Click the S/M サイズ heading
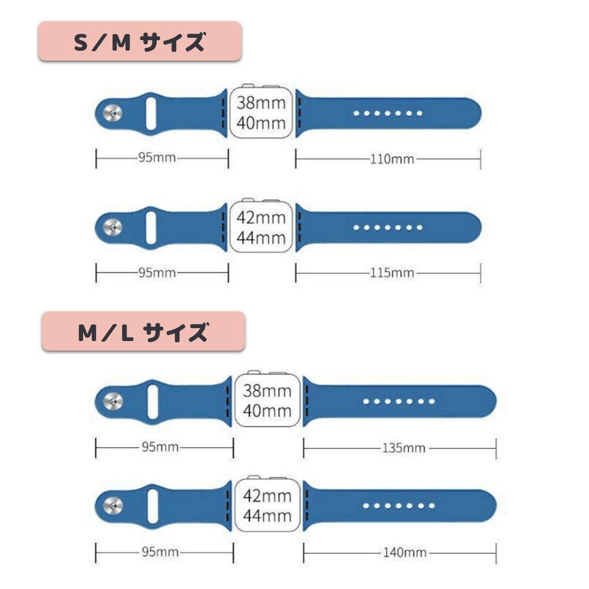[140, 42]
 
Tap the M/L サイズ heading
[143, 332]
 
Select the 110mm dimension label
[392, 159]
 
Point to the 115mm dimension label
[392, 273]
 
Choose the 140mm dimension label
[404, 552]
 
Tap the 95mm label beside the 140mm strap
[160, 552]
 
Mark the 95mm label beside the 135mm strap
[160, 448]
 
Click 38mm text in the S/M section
[261, 102]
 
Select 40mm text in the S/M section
[261, 123]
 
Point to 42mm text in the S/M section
[261, 217]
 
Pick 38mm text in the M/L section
[267, 391]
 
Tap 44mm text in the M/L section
[267, 516]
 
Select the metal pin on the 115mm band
[112, 227]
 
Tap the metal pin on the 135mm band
[112, 402]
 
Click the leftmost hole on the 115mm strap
[356, 227]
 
